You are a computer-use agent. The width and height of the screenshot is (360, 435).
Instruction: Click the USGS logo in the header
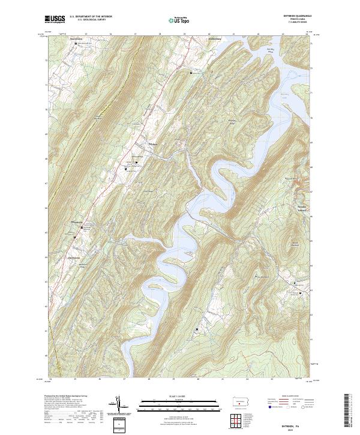point(55,20)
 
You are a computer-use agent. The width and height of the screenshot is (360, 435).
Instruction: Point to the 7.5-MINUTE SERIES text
point(298,23)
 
